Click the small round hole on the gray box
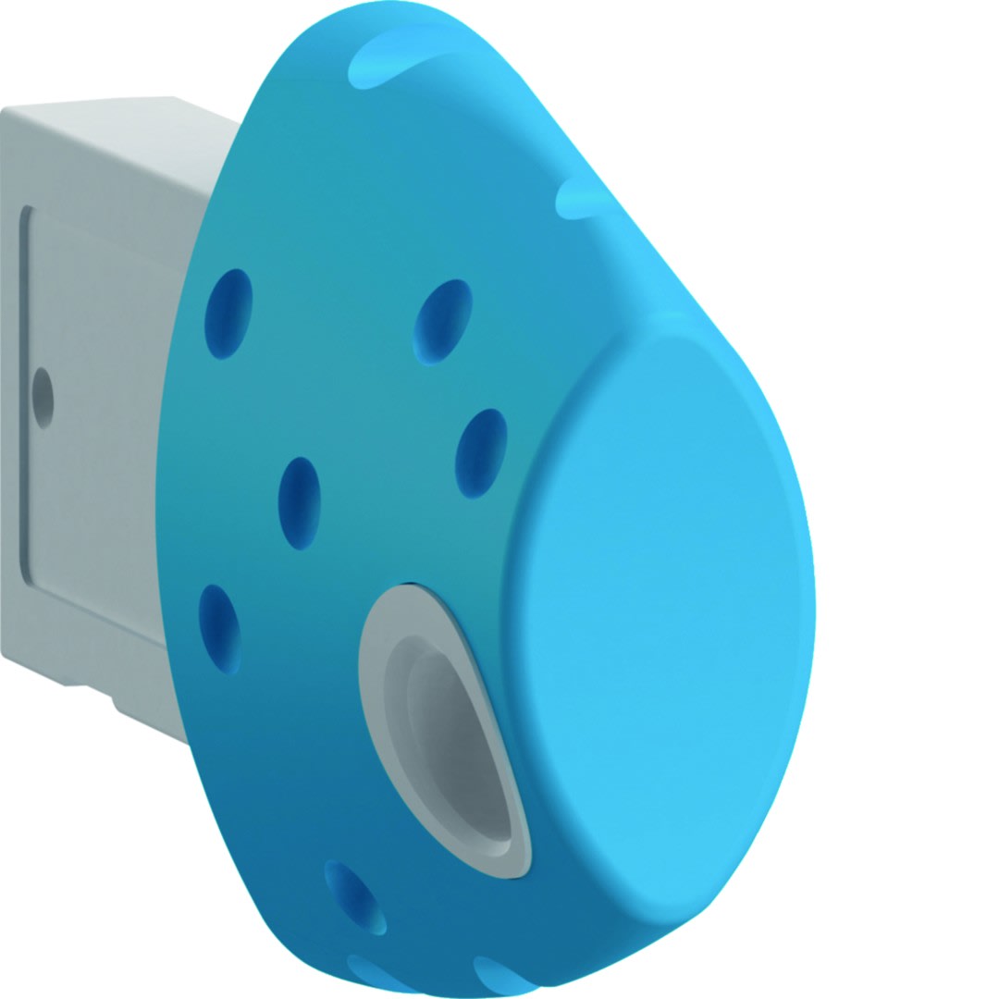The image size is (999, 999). pyautogui.click(x=42, y=398)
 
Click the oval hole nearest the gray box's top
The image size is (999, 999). pyautogui.click(x=228, y=313)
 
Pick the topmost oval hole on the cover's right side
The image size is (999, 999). pyautogui.click(x=443, y=320)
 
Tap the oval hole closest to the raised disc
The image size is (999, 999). pyautogui.click(x=481, y=453)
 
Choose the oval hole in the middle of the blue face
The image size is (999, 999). pyautogui.click(x=300, y=502)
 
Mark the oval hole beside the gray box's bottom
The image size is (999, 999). pyautogui.click(x=220, y=628)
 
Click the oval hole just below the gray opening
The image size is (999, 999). pyautogui.click(x=355, y=895)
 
